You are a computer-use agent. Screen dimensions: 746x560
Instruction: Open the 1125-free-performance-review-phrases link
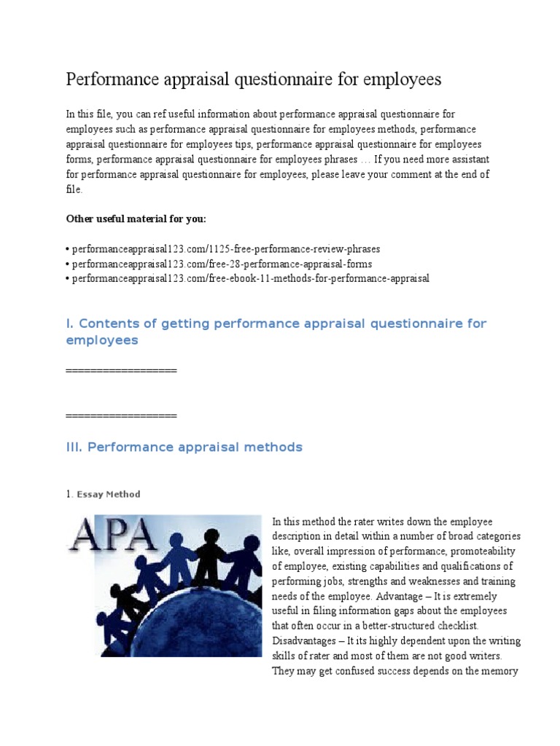click(x=226, y=248)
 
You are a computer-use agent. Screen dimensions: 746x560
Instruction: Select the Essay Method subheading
click(x=108, y=494)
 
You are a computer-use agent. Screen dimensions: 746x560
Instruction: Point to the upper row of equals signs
click(x=121, y=371)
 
